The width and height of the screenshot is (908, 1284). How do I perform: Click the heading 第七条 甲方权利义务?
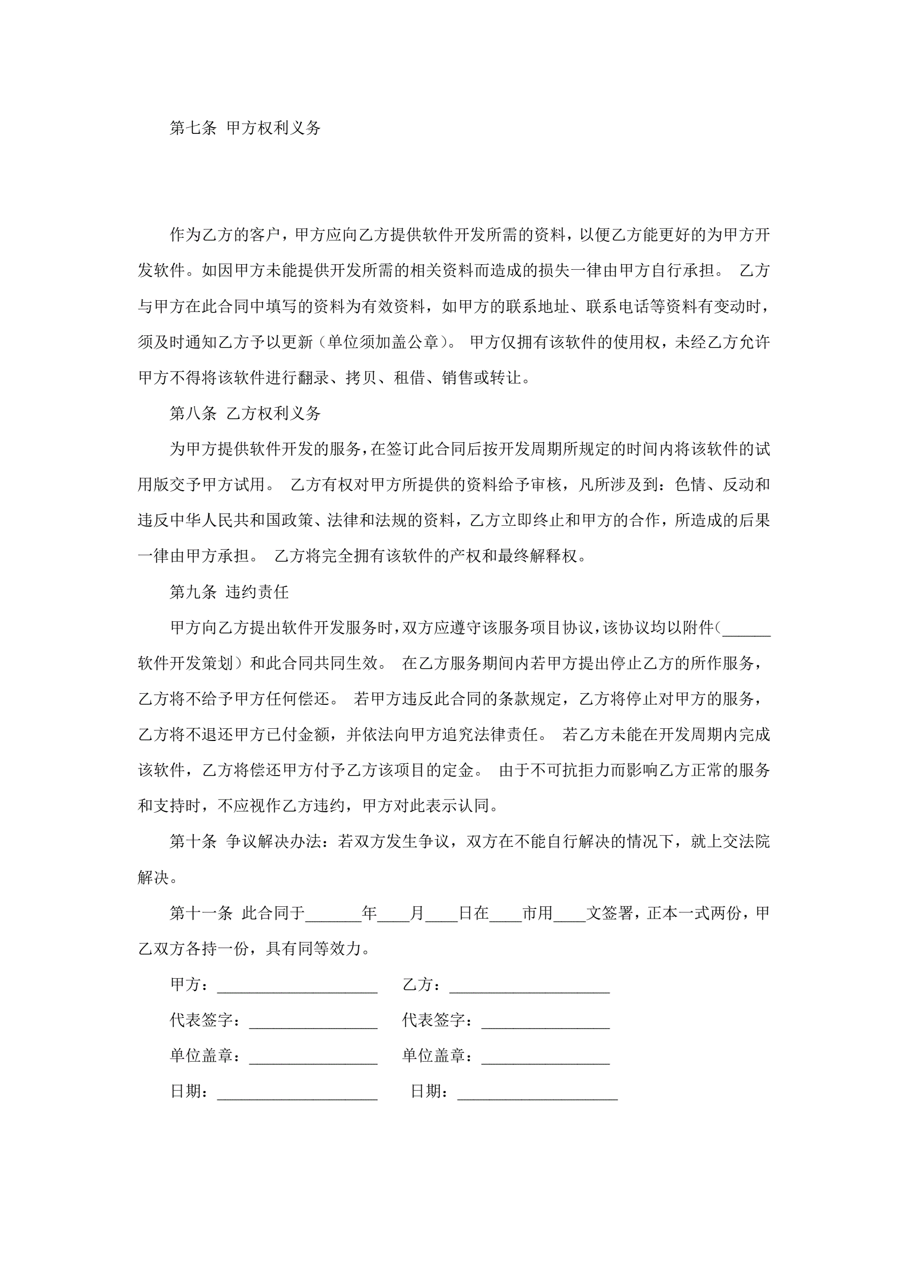245,128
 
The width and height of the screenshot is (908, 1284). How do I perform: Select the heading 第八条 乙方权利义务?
245,413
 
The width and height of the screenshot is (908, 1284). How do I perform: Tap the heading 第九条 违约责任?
229,592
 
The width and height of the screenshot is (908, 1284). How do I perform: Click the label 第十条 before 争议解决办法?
193,842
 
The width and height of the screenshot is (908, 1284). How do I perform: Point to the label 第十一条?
201,913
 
